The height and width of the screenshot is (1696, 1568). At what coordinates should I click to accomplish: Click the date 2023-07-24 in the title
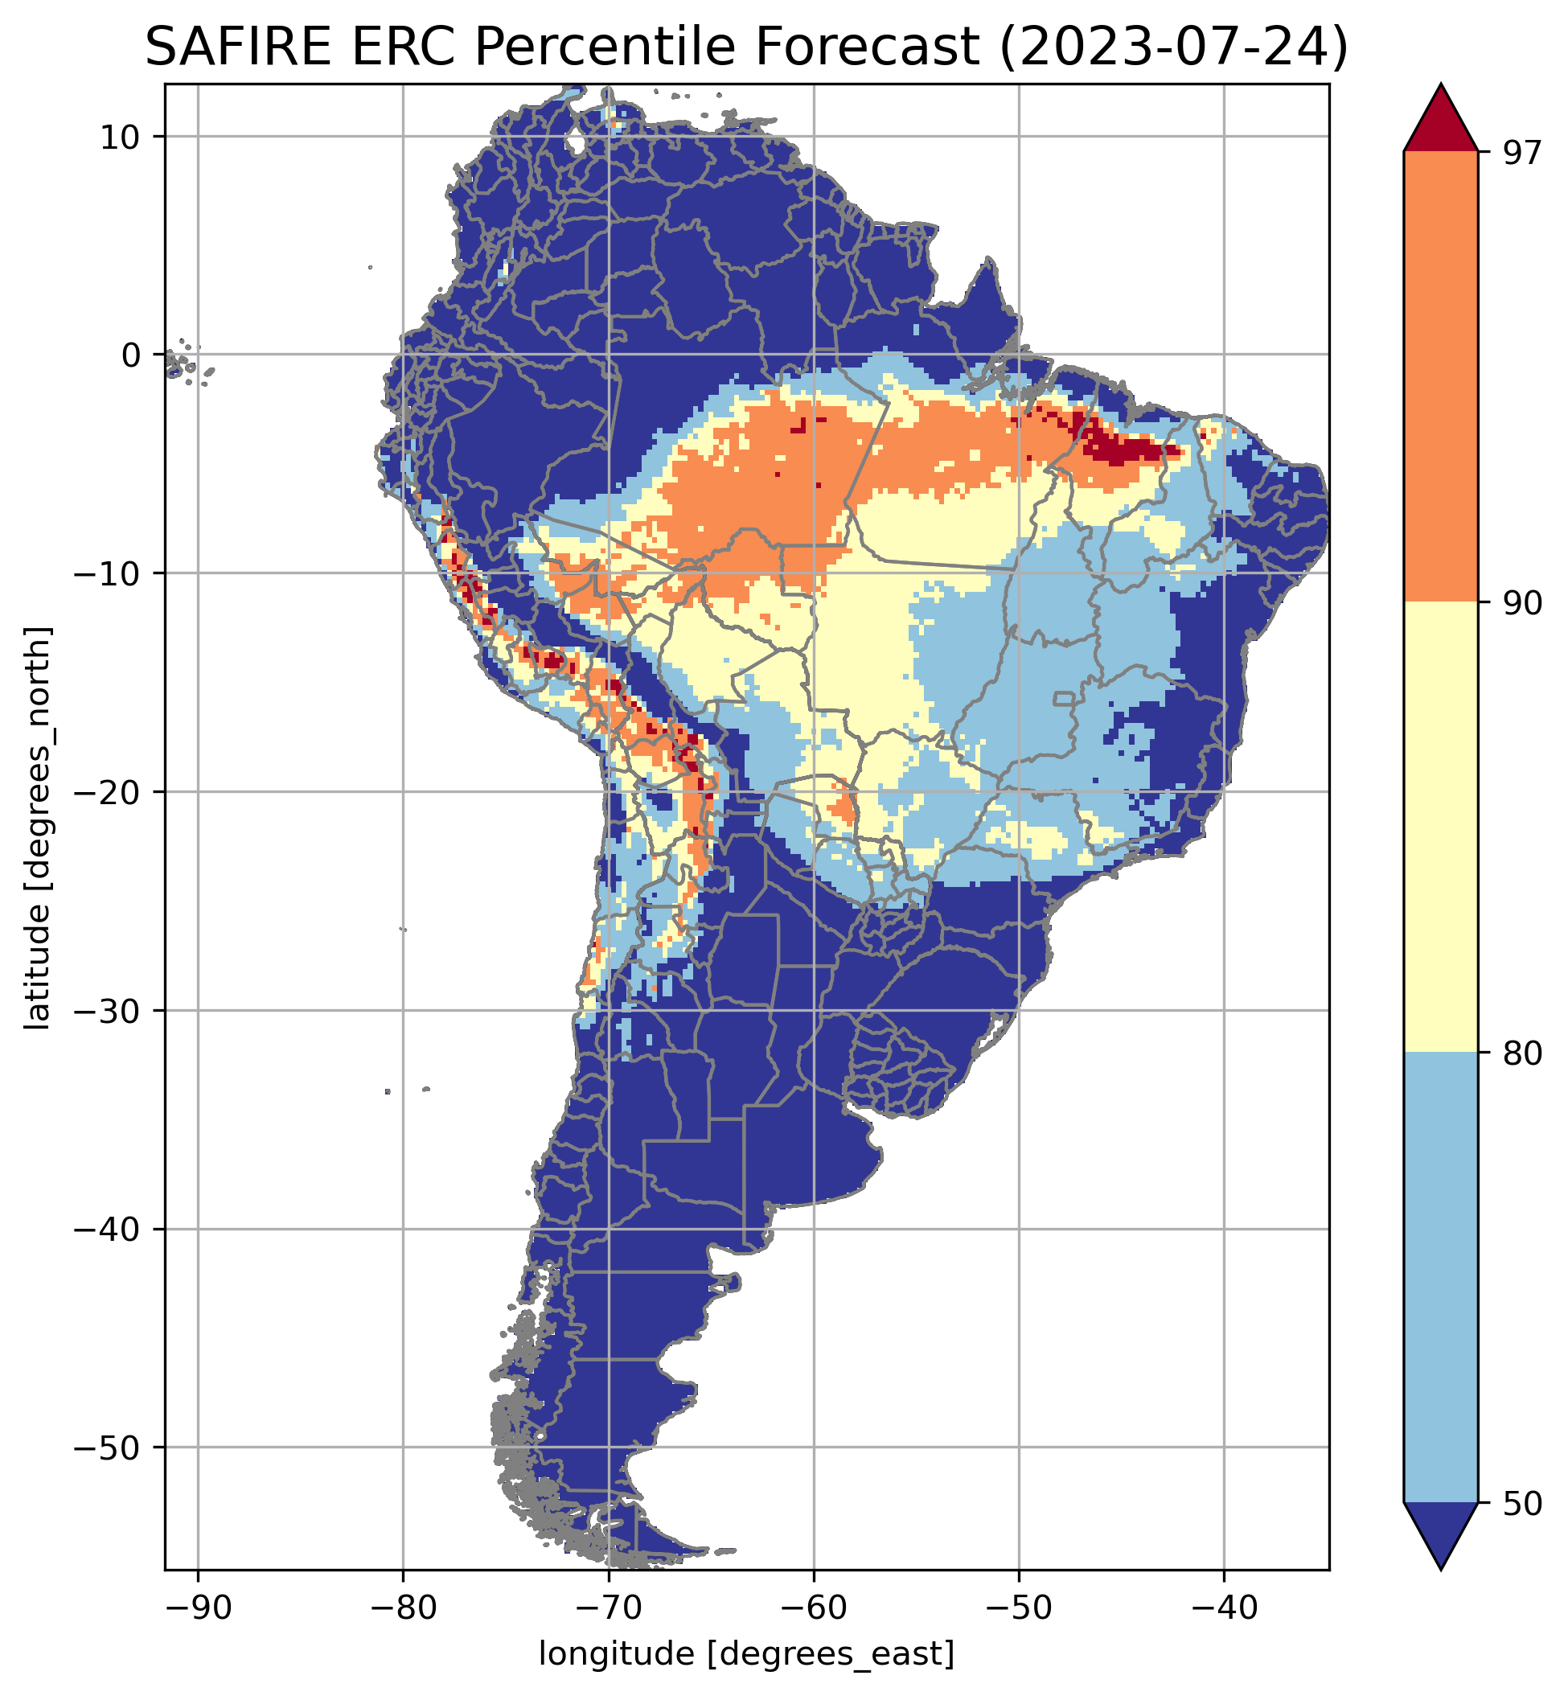(x=1172, y=47)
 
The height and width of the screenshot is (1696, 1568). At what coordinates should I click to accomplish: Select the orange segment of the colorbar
(x=1441, y=377)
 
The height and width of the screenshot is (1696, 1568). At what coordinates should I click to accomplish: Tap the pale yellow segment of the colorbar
(x=1441, y=827)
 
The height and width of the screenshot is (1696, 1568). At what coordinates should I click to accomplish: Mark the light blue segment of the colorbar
(x=1441, y=1277)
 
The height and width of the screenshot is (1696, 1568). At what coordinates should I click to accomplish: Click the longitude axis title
(x=747, y=1655)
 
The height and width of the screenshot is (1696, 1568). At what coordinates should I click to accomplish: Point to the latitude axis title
(x=38, y=829)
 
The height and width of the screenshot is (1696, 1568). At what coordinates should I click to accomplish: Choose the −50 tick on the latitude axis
(x=111, y=1448)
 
